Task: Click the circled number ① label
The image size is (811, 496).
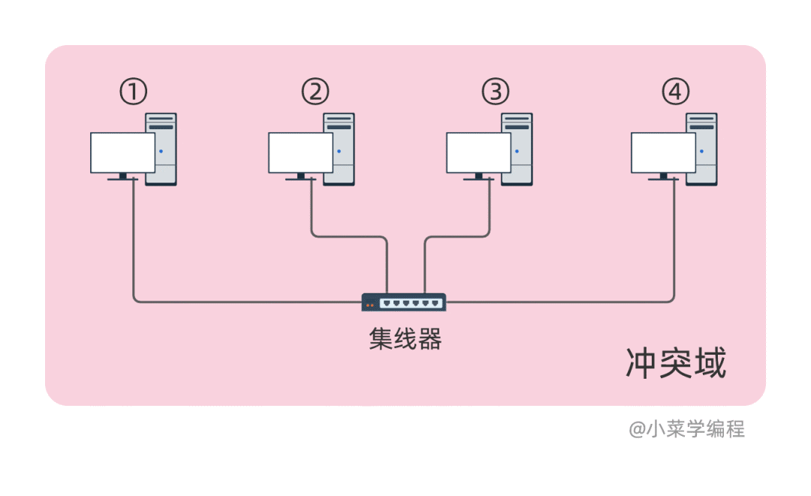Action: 133,92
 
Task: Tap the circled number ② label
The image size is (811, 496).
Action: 315,92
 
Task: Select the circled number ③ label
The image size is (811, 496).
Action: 495,92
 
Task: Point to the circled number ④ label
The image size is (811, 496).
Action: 675,92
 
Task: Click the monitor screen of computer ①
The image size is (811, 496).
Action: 122,153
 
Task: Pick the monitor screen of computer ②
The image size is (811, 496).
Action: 300,153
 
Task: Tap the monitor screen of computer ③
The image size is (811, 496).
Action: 478,153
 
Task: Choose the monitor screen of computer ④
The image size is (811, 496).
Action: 663,153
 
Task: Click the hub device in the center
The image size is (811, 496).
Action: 404,302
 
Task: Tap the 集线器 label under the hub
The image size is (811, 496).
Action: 405,340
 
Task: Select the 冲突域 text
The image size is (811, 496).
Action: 676,364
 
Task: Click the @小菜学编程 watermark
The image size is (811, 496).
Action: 686,429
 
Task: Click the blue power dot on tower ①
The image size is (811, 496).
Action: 161,151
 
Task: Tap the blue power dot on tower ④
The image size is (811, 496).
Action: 701,151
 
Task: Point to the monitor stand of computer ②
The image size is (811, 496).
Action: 300,177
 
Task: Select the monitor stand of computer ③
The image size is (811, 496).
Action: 478,177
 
